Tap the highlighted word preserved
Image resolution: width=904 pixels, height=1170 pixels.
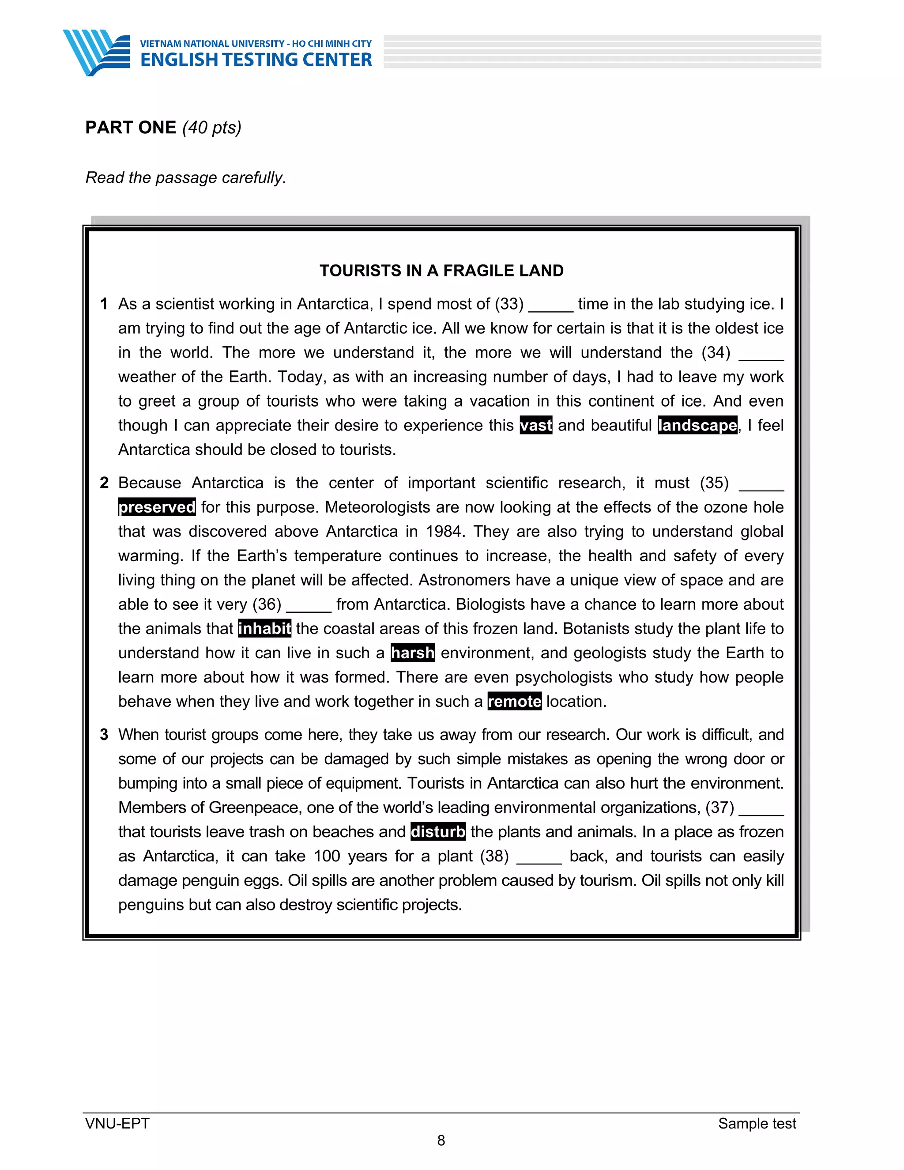point(157,507)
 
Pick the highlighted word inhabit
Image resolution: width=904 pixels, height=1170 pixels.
point(264,628)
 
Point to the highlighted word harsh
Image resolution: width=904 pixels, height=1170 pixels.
point(412,653)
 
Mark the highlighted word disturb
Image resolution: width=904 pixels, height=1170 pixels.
point(437,832)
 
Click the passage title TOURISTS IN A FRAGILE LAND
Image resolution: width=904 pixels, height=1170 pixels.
point(441,271)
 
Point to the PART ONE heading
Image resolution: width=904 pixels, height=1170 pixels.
point(131,128)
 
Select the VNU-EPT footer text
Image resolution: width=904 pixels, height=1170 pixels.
point(117,1123)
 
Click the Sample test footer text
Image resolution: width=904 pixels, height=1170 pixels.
point(757,1123)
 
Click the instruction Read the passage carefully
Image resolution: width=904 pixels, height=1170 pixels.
point(186,177)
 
